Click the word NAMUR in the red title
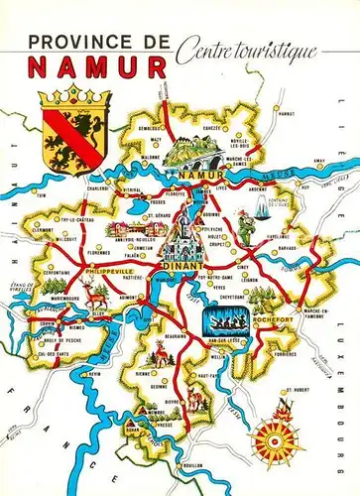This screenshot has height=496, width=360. (95, 67)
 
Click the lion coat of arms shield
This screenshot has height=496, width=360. (65, 130)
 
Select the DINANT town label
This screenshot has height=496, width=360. (182, 266)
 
